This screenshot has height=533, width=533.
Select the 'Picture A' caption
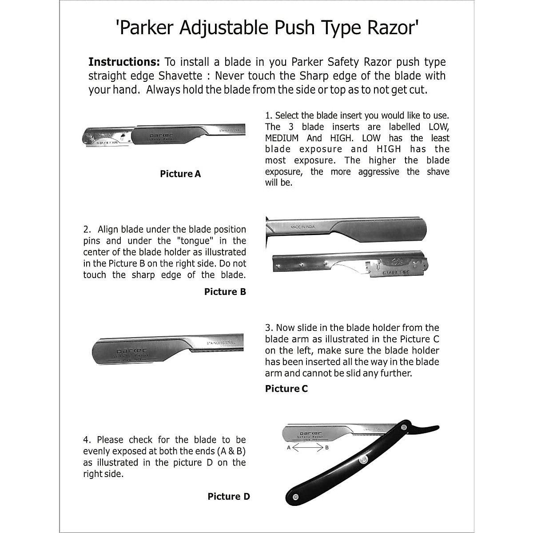coord(180,174)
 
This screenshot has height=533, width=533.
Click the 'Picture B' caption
coord(225,292)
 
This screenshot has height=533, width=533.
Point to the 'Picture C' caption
coord(286,389)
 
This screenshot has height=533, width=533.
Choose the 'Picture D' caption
coord(228,497)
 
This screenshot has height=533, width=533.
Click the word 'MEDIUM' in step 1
coord(282,138)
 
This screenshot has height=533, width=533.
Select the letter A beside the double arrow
coord(289,448)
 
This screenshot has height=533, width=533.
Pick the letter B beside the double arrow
coord(327,448)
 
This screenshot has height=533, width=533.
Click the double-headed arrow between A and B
coord(307,448)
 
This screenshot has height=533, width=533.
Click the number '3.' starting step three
coord(269,328)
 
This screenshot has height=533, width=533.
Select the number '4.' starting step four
coord(87,440)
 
